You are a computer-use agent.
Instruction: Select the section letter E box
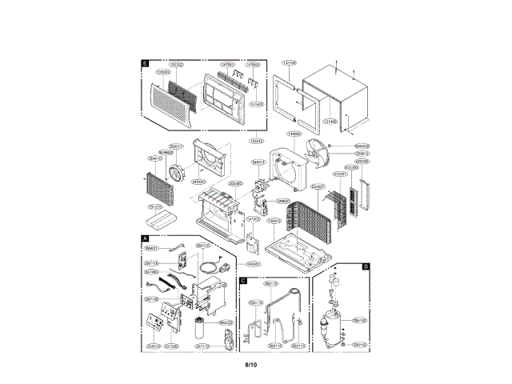click(145, 62)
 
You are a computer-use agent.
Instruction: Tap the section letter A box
click(145, 238)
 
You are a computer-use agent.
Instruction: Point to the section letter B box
click(366, 266)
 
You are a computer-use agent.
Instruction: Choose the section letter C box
click(242, 281)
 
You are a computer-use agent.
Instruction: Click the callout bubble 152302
click(175, 63)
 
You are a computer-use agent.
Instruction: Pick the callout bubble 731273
click(156, 206)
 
